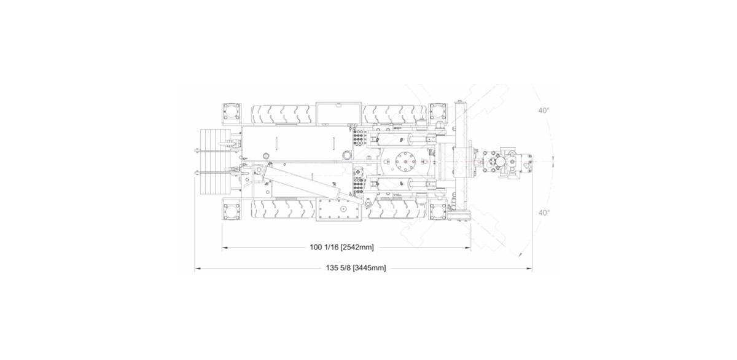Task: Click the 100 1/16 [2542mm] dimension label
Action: click(x=341, y=247)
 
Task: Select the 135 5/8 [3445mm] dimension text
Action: click(x=356, y=268)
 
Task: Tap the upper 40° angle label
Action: click(x=544, y=111)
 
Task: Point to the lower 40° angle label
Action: click(x=544, y=213)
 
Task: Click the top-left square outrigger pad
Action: click(x=232, y=112)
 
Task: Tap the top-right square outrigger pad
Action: click(x=438, y=112)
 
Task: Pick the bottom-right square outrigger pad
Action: click(x=438, y=211)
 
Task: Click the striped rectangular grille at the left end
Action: click(x=214, y=162)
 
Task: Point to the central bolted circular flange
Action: click(x=405, y=162)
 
